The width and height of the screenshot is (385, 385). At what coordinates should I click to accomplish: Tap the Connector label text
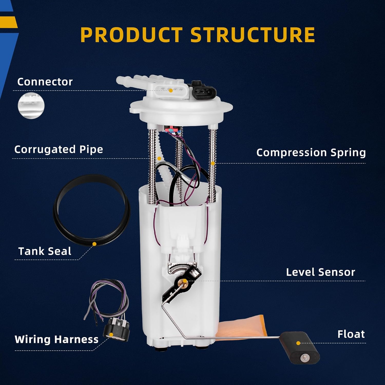coord(45,82)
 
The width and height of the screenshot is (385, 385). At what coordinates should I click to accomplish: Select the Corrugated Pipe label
coord(59,149)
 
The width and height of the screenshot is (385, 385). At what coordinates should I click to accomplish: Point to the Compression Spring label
coord(311,152)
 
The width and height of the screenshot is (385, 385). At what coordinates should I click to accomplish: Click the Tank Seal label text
coord(45,251)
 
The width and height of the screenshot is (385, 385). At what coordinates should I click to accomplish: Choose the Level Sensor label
coord(320,272)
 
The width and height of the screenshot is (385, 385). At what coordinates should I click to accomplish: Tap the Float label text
coord(351,334)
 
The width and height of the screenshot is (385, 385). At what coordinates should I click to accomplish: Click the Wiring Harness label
coord(56,339)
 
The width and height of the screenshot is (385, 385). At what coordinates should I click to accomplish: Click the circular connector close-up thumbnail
coord(31,105)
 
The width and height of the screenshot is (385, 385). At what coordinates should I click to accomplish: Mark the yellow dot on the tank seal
coord(94,244)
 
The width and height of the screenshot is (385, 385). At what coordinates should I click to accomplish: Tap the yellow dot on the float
coord(298,343)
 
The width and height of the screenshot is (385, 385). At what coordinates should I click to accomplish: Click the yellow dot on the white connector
coord(171,91)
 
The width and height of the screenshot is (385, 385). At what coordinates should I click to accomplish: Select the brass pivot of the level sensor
coord(184,283)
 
